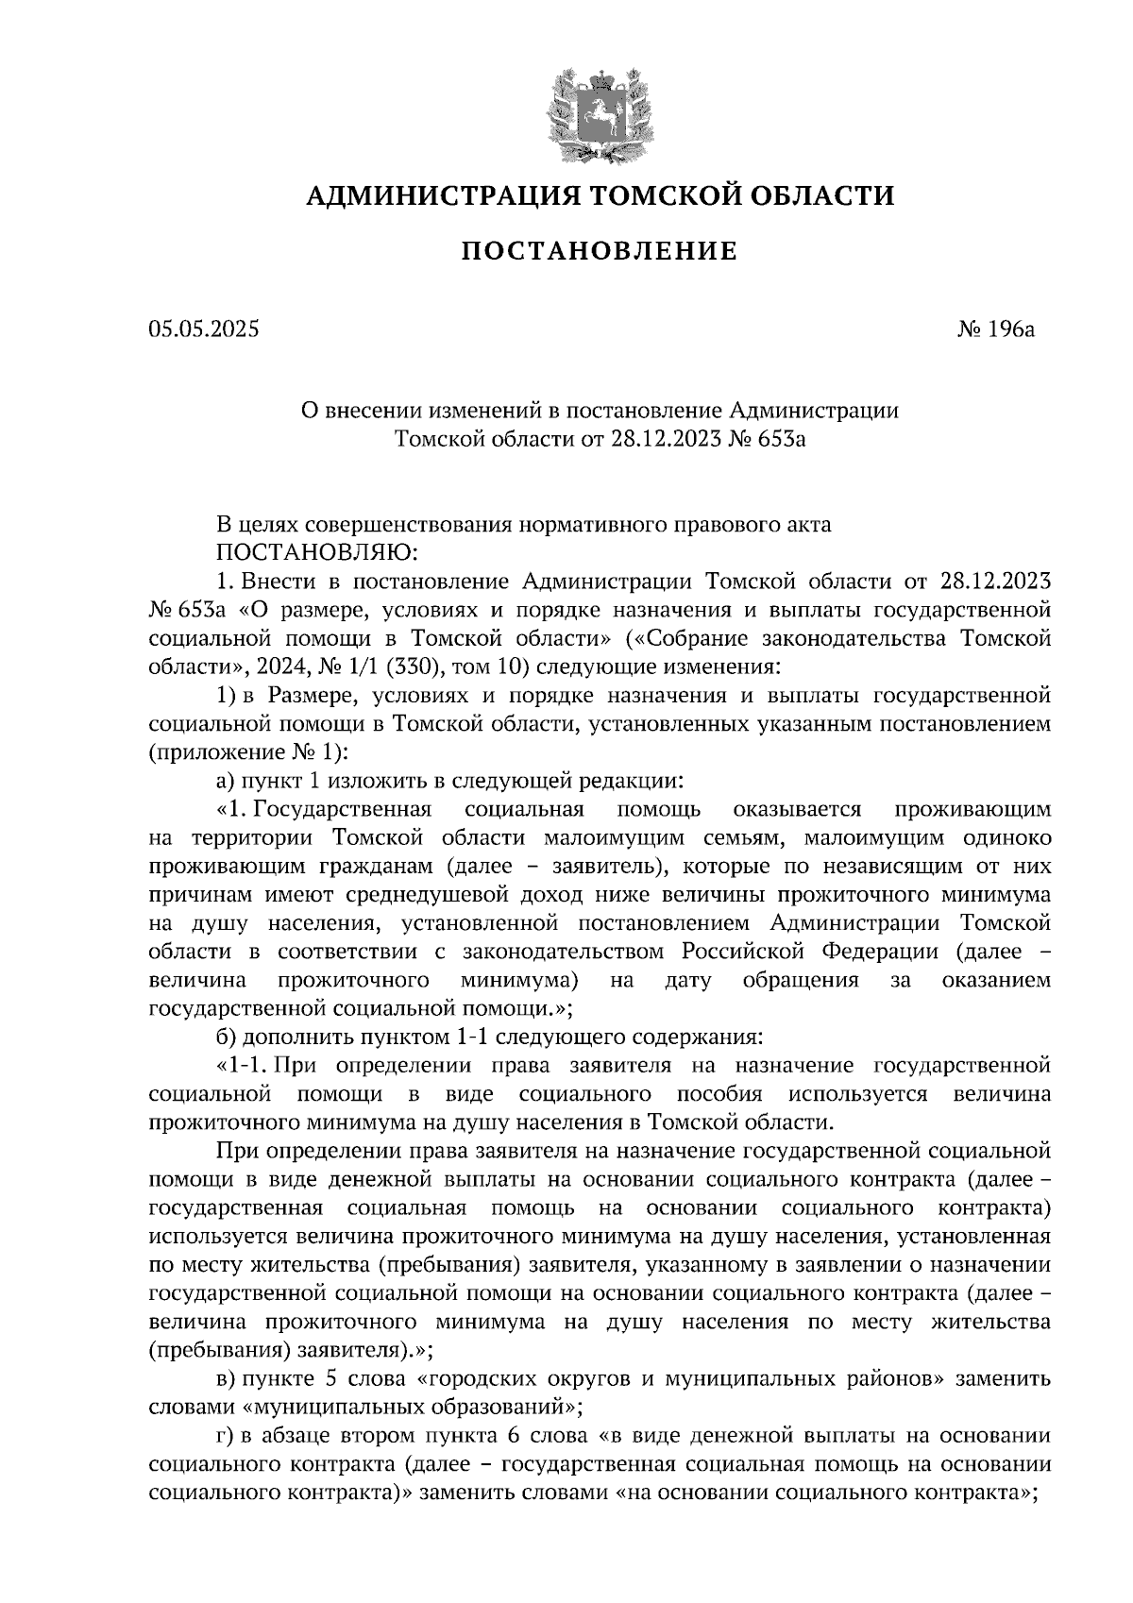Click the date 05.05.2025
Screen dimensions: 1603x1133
[203, 329]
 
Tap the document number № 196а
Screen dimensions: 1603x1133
[997, 329]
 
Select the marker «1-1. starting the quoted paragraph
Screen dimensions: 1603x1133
[245, 1066]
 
